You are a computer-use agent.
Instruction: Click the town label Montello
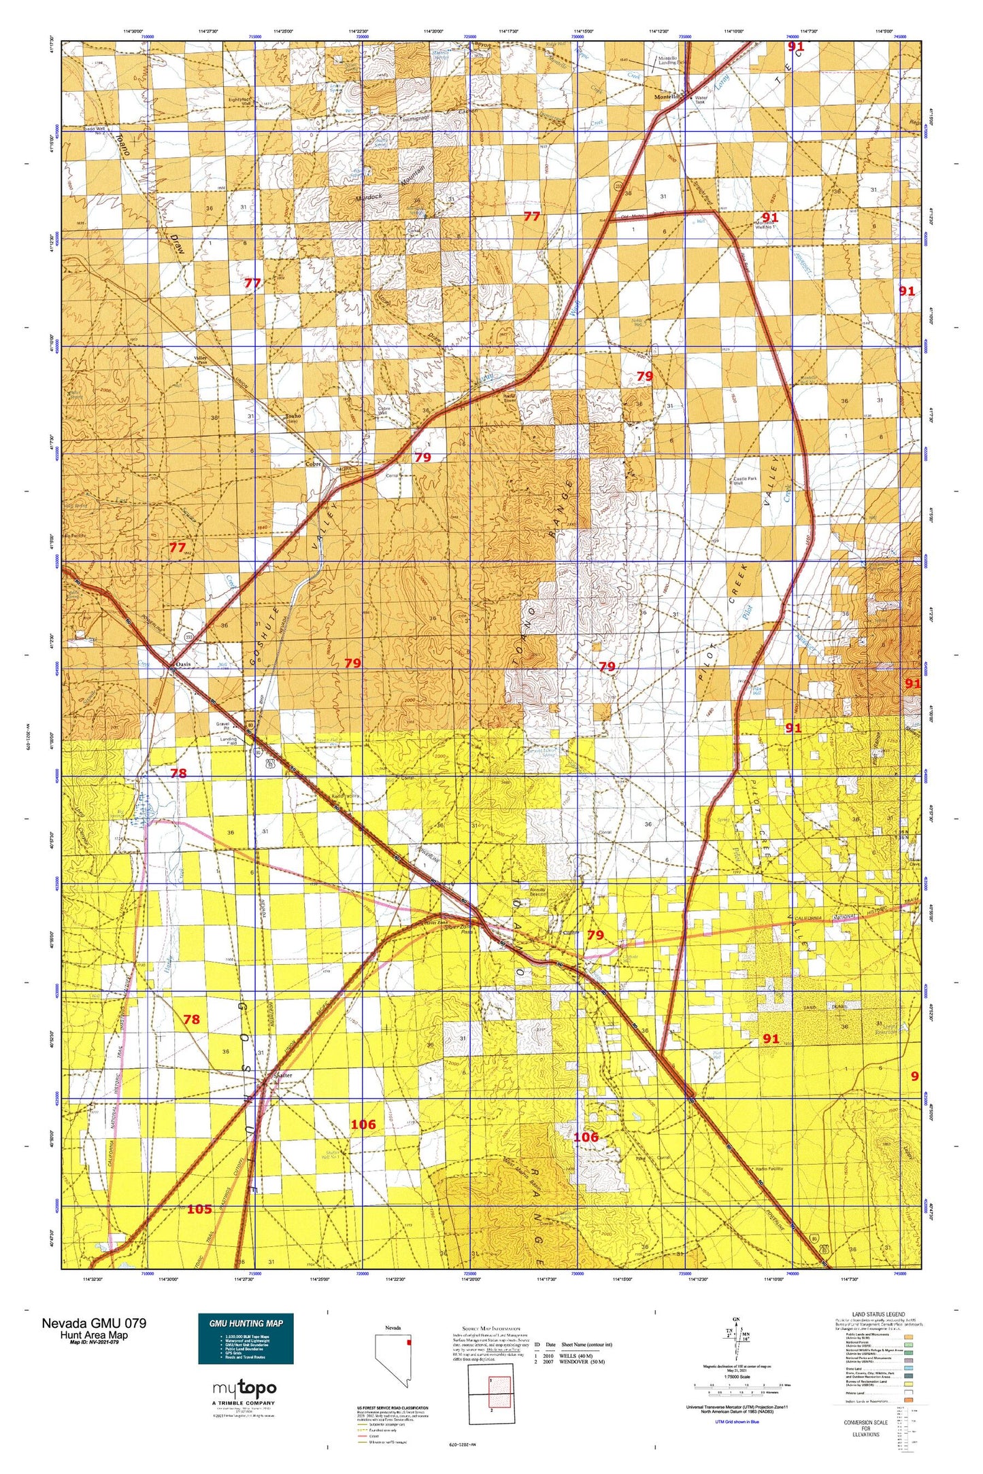point(666,97)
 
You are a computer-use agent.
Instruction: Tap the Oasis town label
point(182,664)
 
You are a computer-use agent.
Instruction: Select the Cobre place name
point(313,464)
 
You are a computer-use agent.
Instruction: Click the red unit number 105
point(199,1210)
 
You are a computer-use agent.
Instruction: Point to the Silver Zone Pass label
point(458,928)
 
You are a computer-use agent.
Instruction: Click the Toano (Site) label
point(293,417)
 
